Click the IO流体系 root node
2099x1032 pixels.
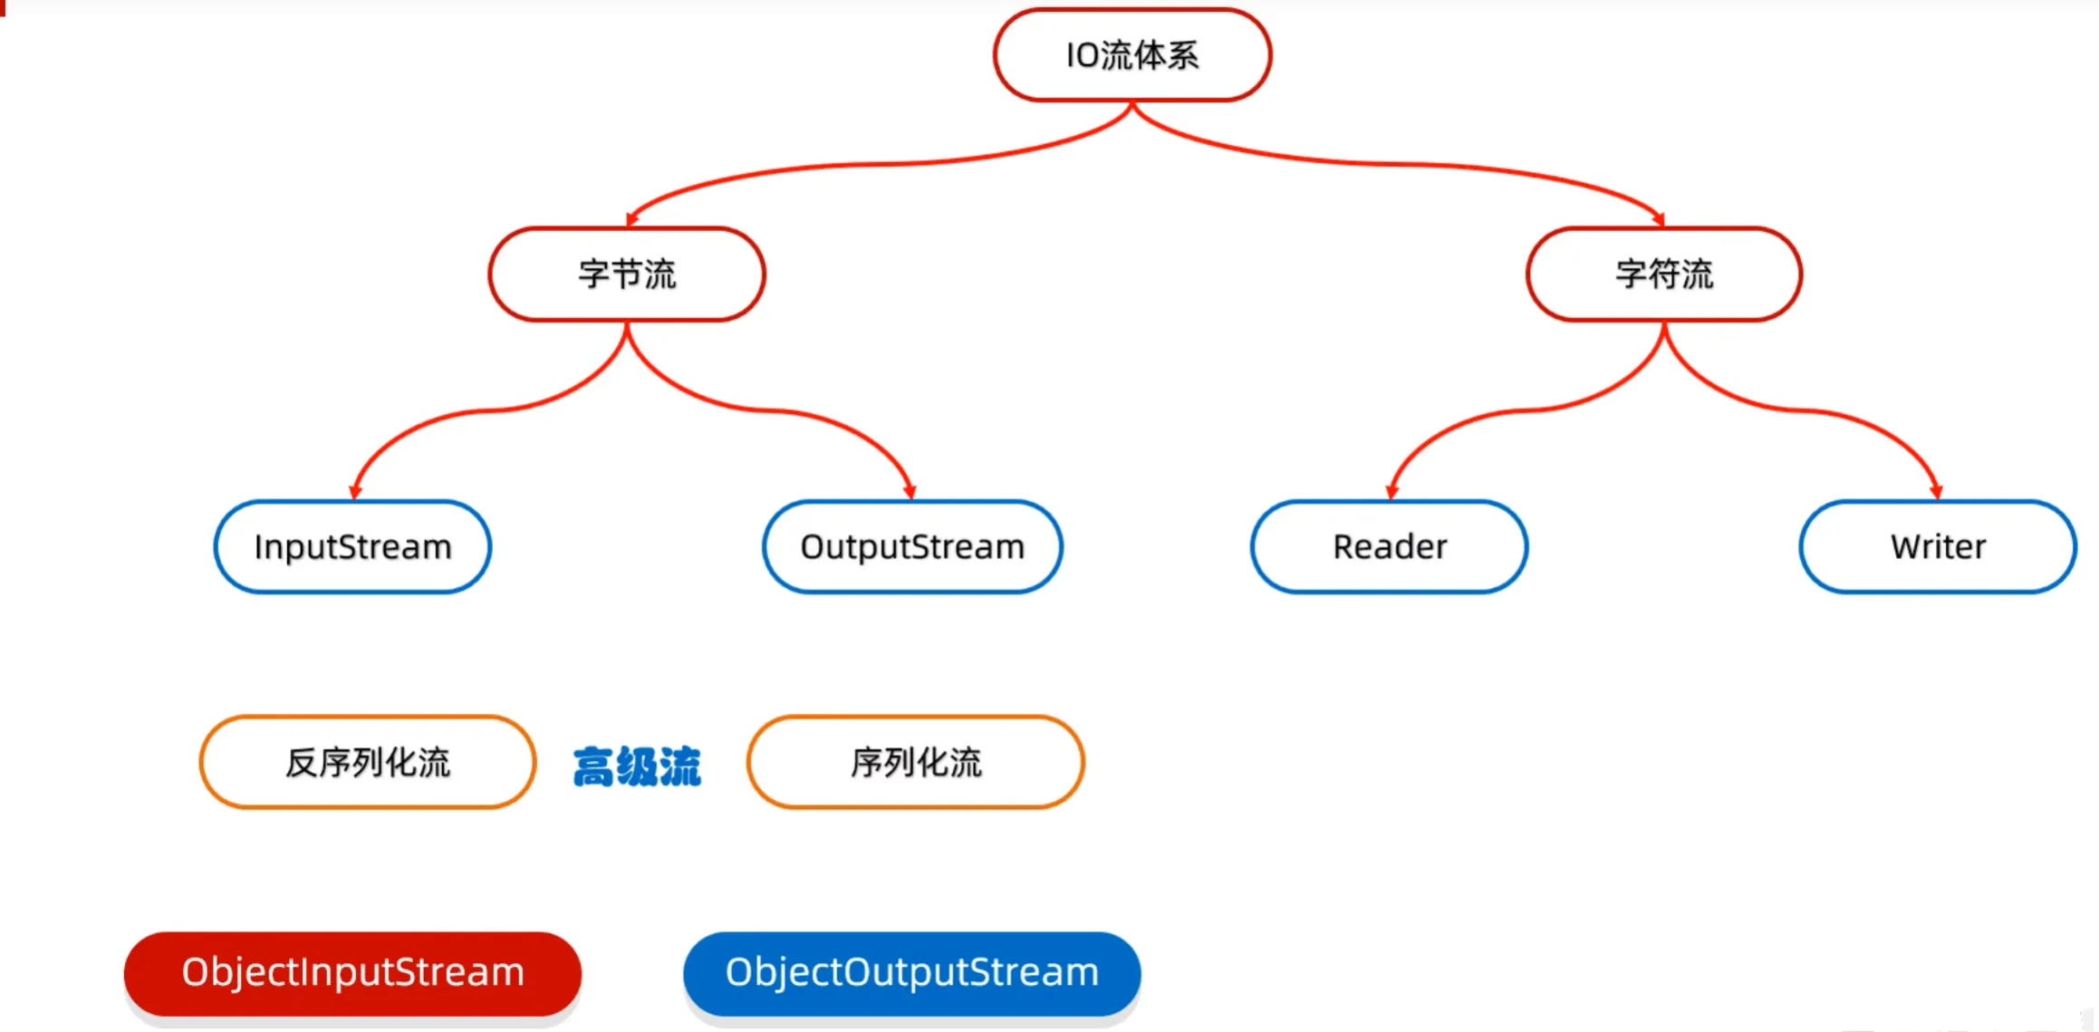click(1131, 55)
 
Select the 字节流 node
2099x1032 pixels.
click(627, 274)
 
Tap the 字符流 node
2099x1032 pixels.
click(1664, 274)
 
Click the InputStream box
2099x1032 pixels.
click(352, 547)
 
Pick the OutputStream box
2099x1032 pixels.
click(912, 547)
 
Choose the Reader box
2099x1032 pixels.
click(1390, 547)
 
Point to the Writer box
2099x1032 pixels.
click(1938, 547)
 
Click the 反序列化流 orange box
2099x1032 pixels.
click(368, 762)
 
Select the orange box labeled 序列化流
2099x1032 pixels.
click(916, 762)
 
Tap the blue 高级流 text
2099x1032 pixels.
click(637, 767)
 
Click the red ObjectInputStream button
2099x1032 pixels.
click(352, 973)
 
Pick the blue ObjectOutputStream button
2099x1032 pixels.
click(911, 973)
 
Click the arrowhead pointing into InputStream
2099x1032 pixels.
click(355, 492)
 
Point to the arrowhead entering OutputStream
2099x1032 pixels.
click(910, 492)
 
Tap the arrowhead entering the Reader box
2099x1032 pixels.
click(1391, 492)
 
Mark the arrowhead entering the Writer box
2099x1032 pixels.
click(1936, 492)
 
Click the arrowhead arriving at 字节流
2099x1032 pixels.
click(631, 218)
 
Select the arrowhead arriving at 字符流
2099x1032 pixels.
click(1659, 218)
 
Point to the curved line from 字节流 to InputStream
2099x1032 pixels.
click(489, 410)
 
